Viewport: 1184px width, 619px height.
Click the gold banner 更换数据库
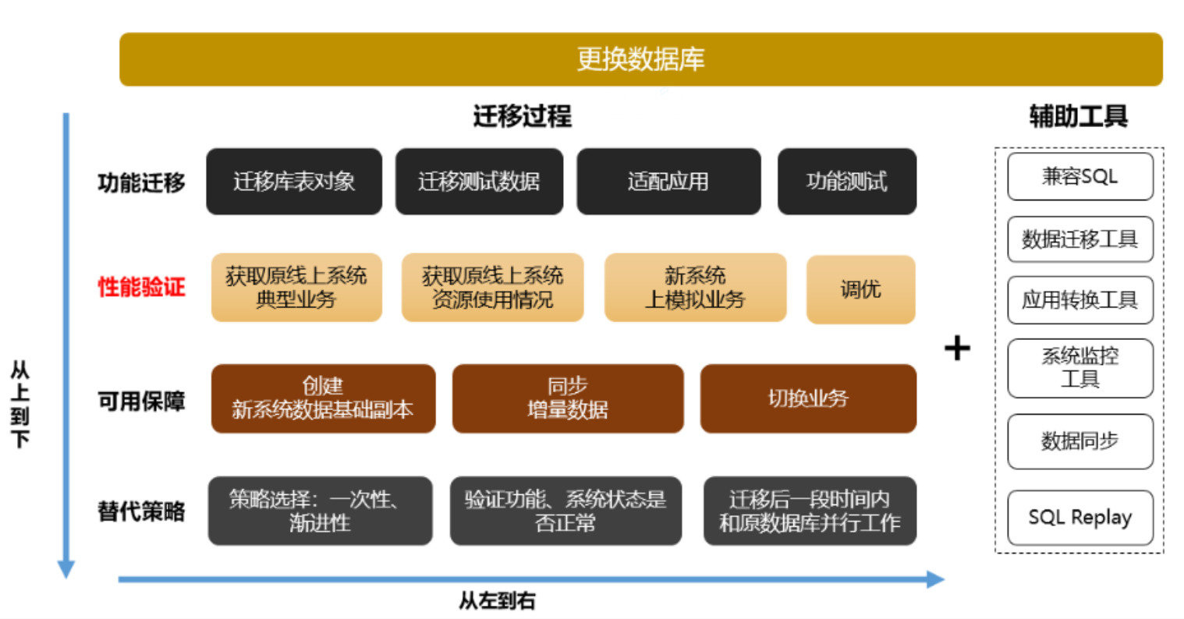[x=640, y=59]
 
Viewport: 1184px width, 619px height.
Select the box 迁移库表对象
[x=294, y=182]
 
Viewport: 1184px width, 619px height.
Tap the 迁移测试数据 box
[x=479, y=182]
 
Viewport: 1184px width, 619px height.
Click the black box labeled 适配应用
[x=668, y=182]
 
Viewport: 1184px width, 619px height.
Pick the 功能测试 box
[x=846, y=182]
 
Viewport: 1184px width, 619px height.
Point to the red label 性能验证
[x=141, y=287]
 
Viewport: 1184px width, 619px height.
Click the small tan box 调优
[x=860, y=289]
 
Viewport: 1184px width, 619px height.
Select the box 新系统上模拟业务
[x=695, y=288]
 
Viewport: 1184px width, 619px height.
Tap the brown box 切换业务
[x=808, y=398]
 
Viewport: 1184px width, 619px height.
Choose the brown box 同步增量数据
[x=567, y=398]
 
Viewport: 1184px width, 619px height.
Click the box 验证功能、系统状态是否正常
[x=565, y=511]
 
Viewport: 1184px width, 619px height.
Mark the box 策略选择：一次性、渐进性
[x=320, y=511]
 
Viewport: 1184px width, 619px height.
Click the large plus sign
[x=957, y=348]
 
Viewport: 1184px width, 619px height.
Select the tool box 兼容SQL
[x=1079, y=177]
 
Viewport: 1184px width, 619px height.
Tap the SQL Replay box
[x=1079, y=518]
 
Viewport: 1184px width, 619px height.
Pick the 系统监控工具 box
[x=1079, y=368]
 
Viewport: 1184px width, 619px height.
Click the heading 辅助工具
[x=1078, y=117]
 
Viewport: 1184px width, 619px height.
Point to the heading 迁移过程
[x=522, y=117]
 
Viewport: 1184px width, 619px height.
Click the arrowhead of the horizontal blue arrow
[x=935, y=579]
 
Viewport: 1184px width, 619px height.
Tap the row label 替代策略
[x=141, y=511]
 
